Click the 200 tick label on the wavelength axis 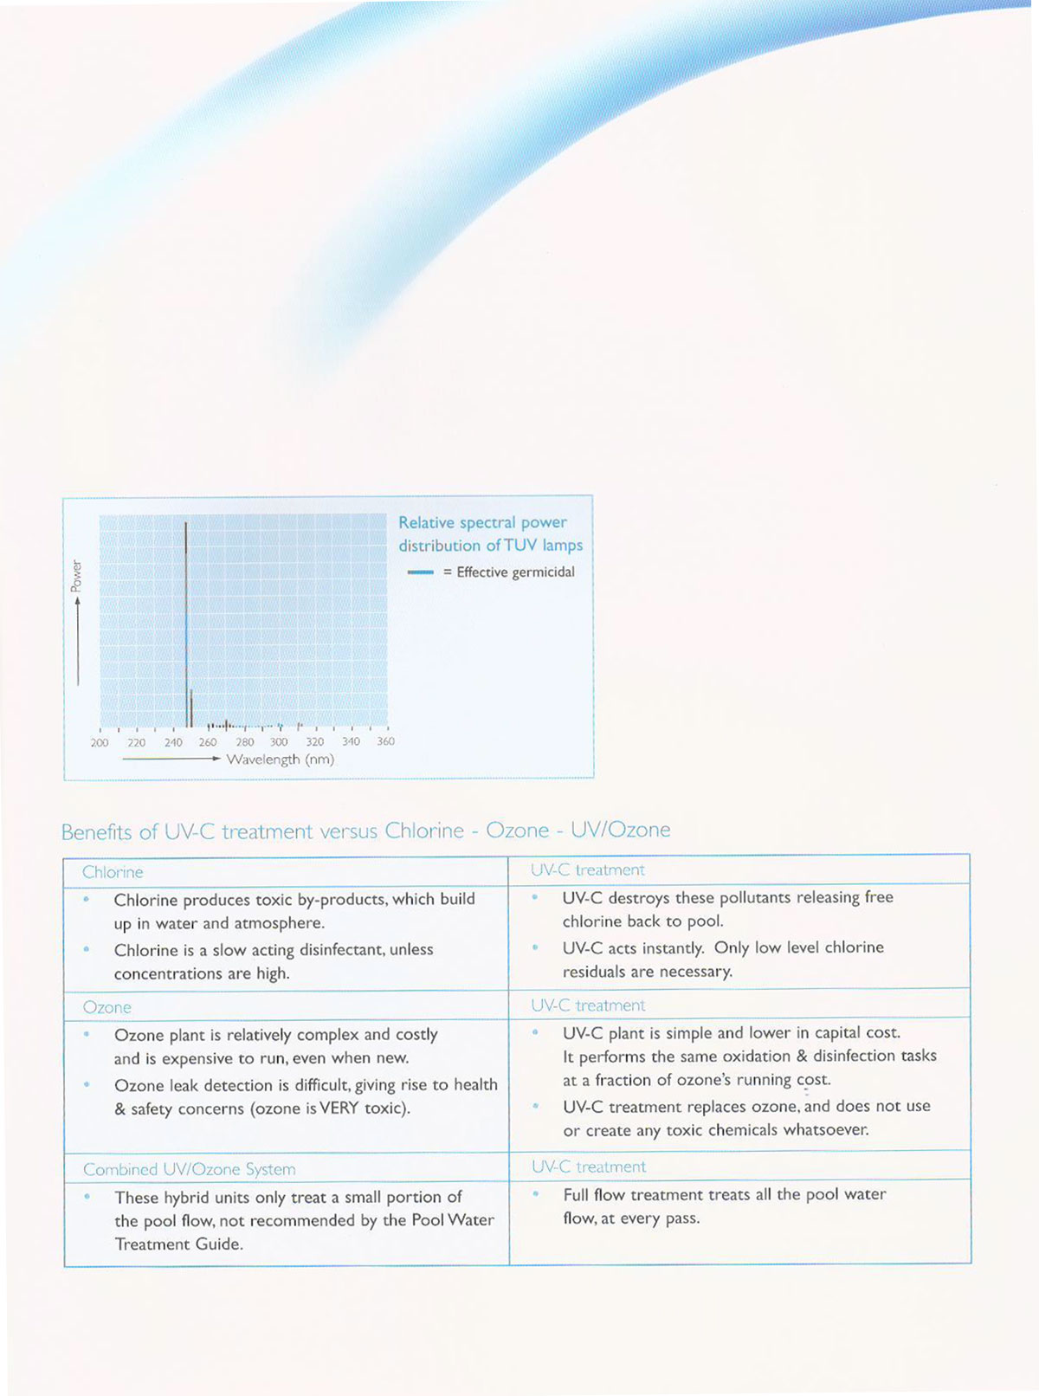tap(100, 742)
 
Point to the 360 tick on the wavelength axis tap(386, 741)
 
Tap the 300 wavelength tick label tap(279, 742)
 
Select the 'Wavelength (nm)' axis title tap(280, 759)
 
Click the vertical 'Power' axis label tap(76, 575)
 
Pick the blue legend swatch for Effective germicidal tap(421, 572)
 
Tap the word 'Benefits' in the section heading tap(97, 832)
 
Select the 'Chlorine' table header tap(113, 872)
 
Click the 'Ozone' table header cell tap(107, 1007)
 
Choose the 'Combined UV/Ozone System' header tap(190, 1169)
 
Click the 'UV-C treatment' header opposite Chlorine tap(588, 869)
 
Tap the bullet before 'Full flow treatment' tap(536, 1194)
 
